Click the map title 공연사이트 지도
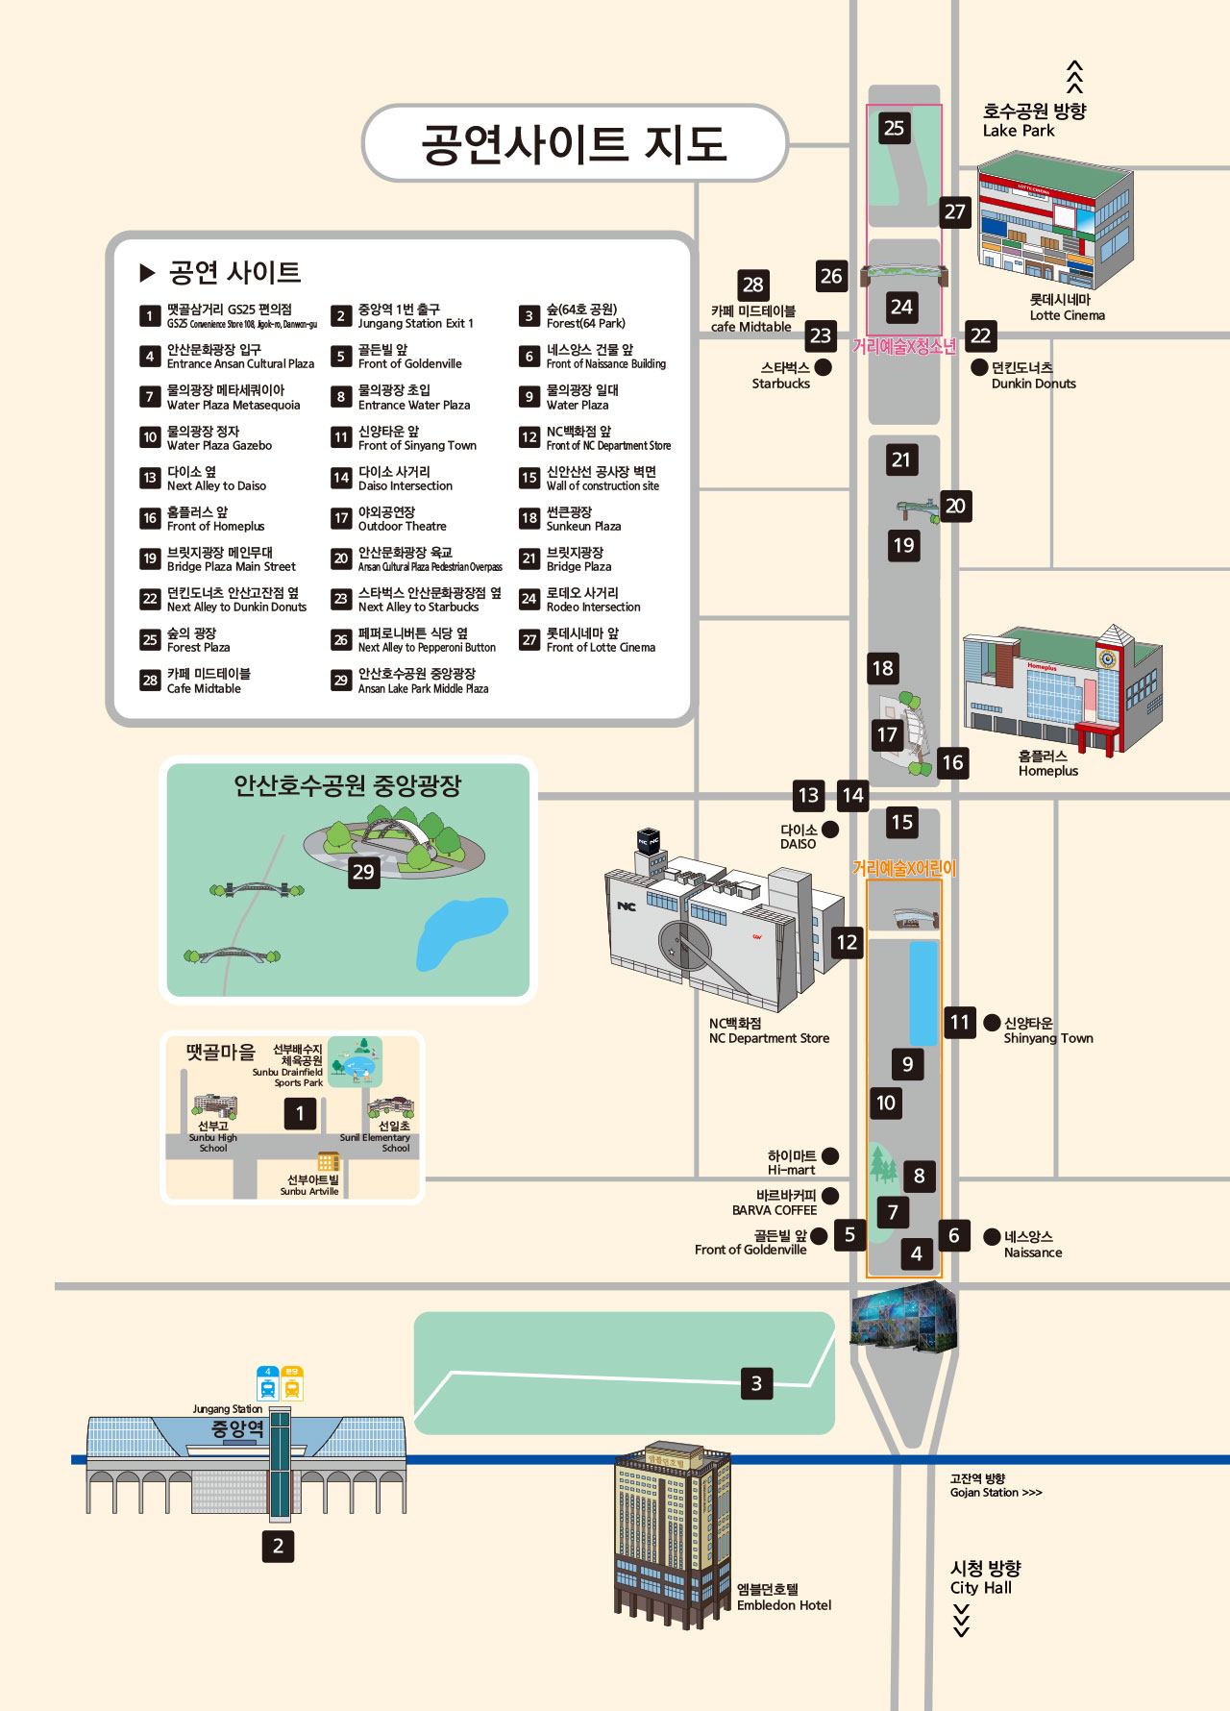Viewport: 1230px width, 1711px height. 574,143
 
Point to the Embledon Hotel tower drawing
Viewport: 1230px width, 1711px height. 672,1533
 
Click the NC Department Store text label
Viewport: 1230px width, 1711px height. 769,1031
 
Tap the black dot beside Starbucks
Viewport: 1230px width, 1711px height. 824,367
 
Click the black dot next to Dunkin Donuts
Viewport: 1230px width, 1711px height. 979,367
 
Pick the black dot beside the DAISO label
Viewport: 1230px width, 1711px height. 830,829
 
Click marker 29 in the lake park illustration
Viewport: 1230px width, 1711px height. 363,872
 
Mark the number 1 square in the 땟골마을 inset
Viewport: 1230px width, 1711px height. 300,1113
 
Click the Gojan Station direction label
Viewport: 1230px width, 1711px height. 996,1486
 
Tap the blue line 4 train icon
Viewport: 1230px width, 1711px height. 268,1385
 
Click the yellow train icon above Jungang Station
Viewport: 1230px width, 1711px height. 292,1385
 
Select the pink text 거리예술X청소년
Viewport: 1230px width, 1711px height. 904,347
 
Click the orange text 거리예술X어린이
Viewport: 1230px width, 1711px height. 904,869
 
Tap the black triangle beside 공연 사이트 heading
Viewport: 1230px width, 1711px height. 147,273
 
